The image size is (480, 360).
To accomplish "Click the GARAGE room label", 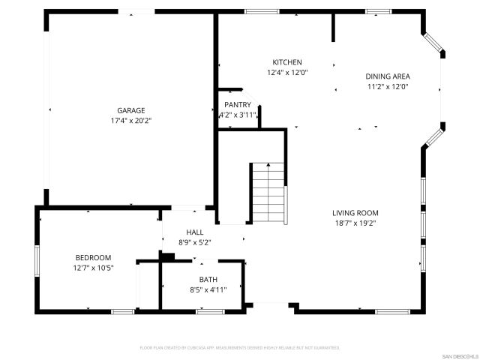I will [130, 110].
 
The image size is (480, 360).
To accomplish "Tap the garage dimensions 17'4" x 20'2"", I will [130, 120].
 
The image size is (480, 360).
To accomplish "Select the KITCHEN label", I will [286, 62].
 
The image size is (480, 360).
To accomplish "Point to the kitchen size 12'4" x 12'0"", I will [286, 73].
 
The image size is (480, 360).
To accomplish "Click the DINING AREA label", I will [387, 76].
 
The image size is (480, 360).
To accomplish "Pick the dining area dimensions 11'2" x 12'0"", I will [387, 86].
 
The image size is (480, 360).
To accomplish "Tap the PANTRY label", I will [237, 105].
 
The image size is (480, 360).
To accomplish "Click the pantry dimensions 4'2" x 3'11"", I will [237, 115].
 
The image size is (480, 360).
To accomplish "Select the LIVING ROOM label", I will [355, 212].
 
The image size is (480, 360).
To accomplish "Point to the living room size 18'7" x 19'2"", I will [355, 223].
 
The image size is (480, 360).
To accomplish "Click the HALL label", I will [195, 232].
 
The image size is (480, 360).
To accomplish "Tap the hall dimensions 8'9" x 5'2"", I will [195, 242].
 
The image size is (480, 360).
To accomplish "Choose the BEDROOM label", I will [93, 257].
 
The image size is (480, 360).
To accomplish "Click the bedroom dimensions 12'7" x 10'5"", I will [93, 268].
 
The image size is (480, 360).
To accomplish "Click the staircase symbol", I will [268, 192].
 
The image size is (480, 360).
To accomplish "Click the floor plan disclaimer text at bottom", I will [240, 348].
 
